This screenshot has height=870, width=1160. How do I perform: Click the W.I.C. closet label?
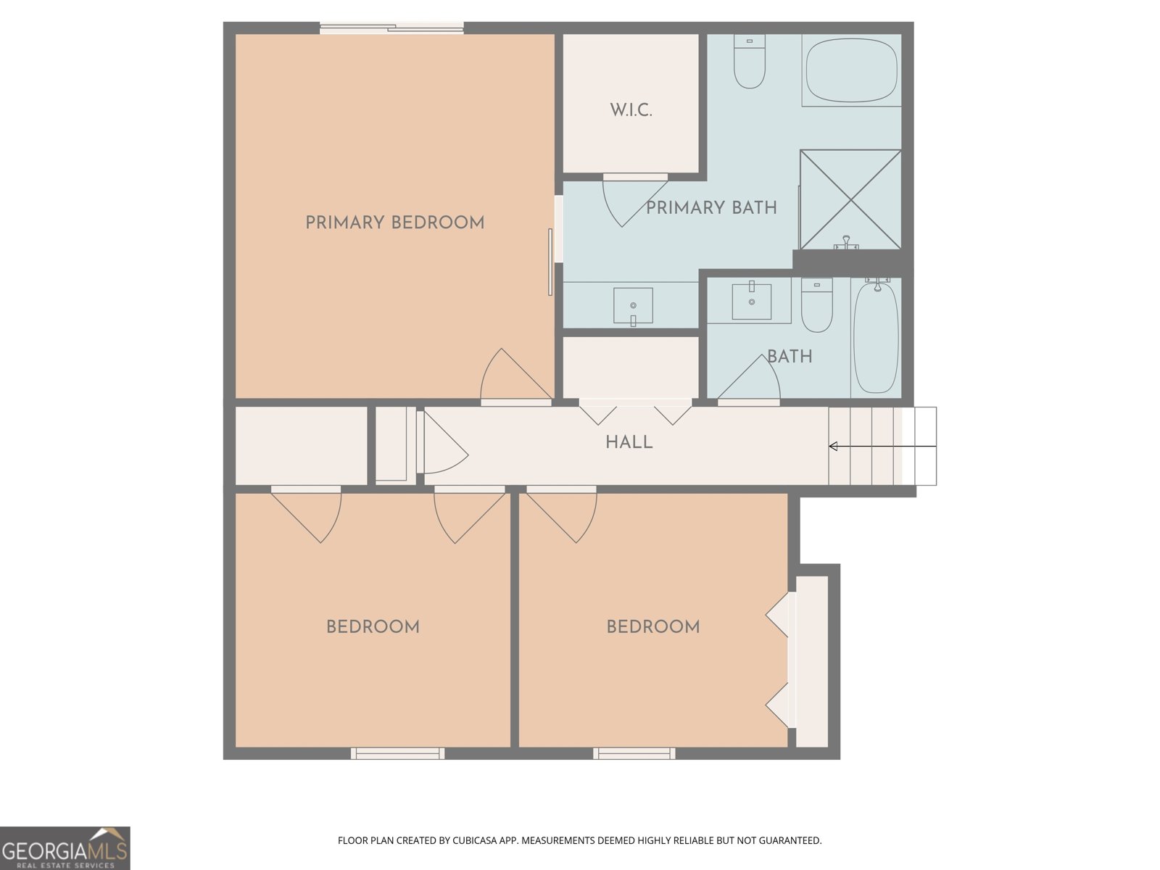pos(631,110)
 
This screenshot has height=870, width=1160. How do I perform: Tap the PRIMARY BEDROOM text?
pos(395,223)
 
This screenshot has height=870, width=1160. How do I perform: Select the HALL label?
pos(629,442)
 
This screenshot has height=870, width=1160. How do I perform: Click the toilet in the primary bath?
pos(750,62)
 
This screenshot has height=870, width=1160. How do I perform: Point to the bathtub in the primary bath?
pos(851,70)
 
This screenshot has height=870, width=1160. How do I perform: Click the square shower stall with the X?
pos(850,199)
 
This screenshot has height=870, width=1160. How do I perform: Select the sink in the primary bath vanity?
pos(633,306)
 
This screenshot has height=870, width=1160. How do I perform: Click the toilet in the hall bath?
pos(816,304)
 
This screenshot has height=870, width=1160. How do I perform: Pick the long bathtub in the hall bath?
pos(876,338)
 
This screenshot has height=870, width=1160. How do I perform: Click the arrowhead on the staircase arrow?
pos(833,447)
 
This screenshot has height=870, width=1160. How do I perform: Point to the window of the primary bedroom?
pos(391,28)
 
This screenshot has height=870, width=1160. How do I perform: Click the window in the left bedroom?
pos(397,753)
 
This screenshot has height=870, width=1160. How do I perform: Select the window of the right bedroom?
pos(634,753)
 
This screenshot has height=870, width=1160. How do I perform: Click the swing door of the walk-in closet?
pos(634,202)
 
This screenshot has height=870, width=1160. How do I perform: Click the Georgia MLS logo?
pos(65,848)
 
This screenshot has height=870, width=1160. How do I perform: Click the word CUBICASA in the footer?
pos(475,840)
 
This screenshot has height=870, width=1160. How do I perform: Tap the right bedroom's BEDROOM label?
pos(652,627)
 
